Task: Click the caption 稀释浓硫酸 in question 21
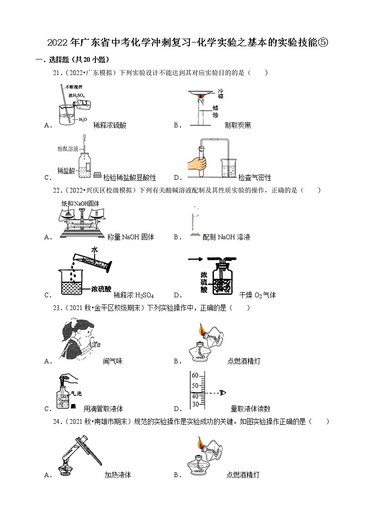[110, 126]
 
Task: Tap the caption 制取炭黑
[238, 126]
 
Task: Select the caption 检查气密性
[255, 178]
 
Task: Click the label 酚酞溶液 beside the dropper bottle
[70, 148]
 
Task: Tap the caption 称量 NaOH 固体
[130, 237]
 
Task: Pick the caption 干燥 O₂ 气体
[257, 295]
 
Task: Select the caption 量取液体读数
[250, 409]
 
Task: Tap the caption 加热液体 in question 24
[118, 475]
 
